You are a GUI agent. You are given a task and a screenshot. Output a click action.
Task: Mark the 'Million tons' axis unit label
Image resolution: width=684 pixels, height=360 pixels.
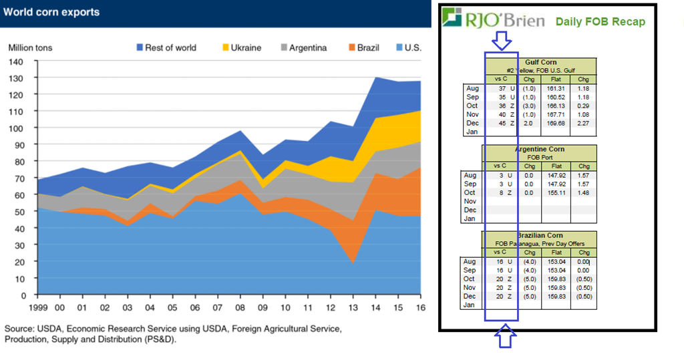coord(30,47)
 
